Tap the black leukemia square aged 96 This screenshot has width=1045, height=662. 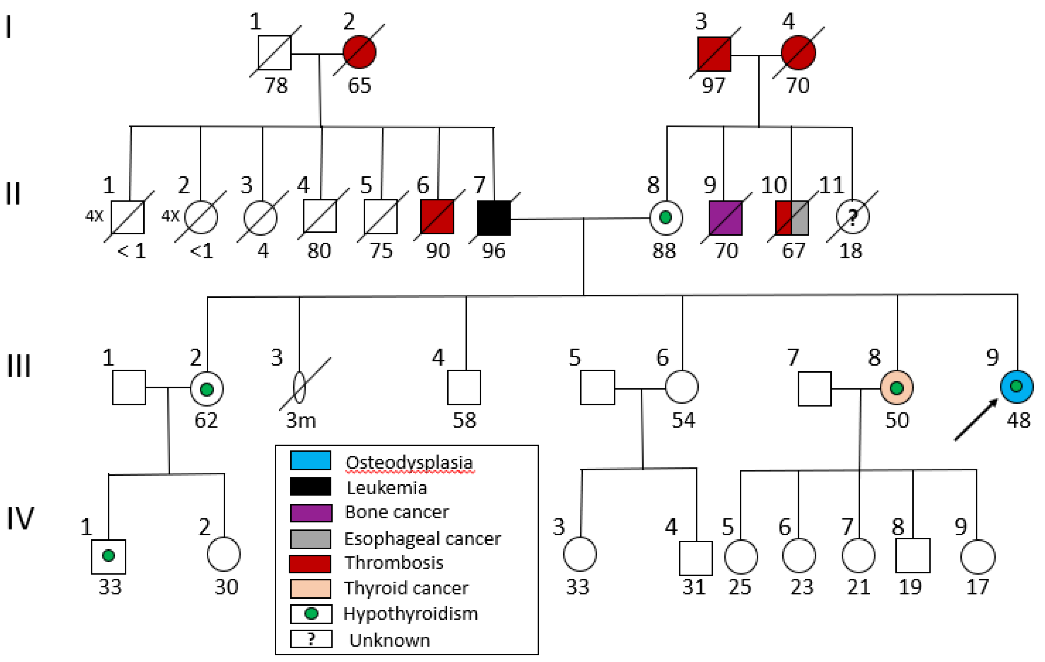click(493, 218)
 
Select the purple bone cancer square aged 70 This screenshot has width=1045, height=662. click(725, 218)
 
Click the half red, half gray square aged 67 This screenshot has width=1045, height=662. click(792, 218)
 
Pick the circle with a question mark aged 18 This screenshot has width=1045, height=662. click(852, 217)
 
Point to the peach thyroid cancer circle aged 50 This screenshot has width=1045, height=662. click(897, 388)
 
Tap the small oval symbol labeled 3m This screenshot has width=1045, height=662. click(300, 387)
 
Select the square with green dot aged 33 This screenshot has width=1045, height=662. click(108, 556)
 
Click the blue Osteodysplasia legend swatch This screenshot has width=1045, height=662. click(310, 460)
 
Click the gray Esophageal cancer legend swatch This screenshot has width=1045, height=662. click(310, 539)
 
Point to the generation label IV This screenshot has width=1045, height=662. click(20, 518)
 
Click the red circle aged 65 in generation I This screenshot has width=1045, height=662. click(359, 52)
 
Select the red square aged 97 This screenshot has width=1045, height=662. click(714, 54)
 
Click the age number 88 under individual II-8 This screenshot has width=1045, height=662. click(664, 251)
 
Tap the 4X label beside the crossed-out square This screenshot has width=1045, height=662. click(94, 215)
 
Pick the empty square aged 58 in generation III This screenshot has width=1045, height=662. click(464, 387)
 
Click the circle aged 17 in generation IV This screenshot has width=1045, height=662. click(978, 557)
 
